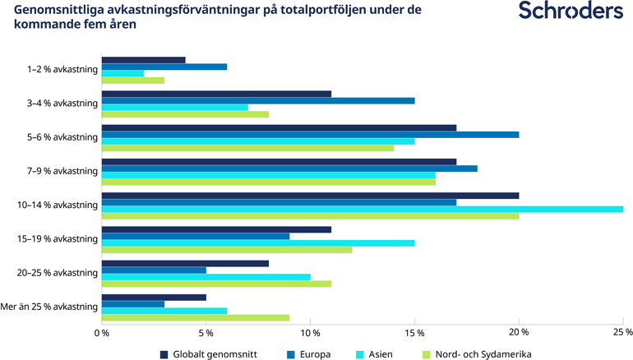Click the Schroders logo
click(571, 12)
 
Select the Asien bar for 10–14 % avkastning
click(362, 209)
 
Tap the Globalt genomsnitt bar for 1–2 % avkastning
click(143, 60)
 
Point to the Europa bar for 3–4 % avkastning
click(257, 101)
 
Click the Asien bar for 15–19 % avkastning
click(257, 242)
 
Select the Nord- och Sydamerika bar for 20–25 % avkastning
click(215, 283)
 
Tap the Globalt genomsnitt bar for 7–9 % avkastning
click(279, 161)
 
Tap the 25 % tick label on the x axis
click(622, 333)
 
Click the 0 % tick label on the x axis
click(102, 333)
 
